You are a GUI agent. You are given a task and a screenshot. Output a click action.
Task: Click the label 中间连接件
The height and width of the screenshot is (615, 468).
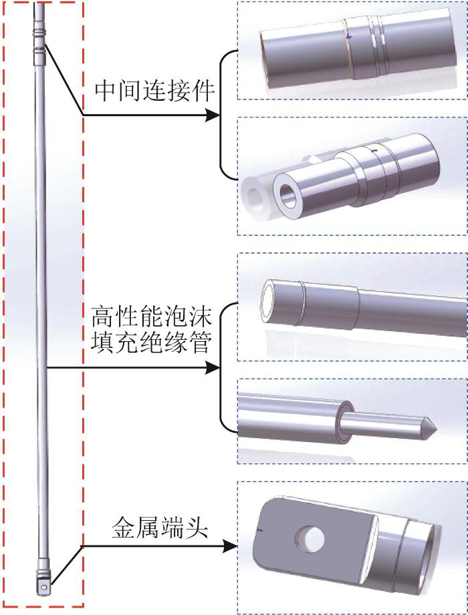(154, 91)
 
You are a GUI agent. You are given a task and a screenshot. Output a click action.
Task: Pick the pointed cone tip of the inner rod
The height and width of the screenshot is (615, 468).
(431, 426)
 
